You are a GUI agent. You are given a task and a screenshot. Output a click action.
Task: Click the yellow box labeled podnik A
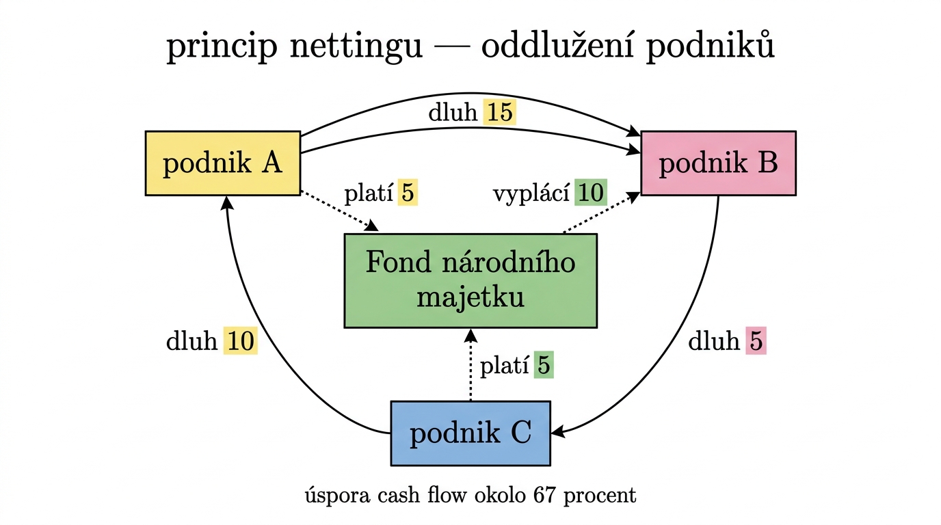pos(223,163)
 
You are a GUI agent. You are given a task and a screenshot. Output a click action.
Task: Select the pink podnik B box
pos(718,163)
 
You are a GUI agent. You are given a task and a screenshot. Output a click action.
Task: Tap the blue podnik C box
pos(470,433)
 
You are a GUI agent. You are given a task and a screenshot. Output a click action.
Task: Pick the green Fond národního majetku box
pos(470,280)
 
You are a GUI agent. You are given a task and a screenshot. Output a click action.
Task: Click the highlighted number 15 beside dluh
pos(499,112)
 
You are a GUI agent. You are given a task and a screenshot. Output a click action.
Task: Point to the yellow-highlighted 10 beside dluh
pos(240,341)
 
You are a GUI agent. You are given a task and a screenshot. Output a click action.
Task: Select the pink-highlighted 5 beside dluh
pos(755,341)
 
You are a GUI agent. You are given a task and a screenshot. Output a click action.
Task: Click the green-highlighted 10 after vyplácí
pos(590,193)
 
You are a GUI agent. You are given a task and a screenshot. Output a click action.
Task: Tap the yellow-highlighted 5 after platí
pos(408,193)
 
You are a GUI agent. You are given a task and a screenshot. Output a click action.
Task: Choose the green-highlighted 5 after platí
pos(544,366)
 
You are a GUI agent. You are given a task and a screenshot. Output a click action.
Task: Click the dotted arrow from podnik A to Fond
pos(339,211)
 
